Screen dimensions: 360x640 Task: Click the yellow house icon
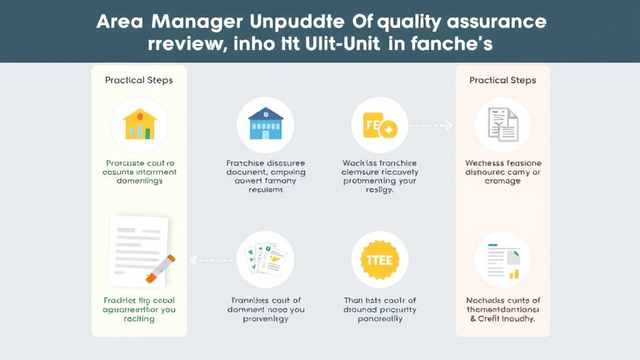139,124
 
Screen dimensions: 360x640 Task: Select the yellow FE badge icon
379,124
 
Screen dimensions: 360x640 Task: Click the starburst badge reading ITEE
379,259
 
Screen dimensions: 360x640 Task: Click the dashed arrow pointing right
431,126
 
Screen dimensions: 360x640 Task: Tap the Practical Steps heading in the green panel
139,80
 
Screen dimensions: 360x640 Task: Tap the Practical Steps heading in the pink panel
502,80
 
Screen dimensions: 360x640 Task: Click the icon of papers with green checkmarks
265,259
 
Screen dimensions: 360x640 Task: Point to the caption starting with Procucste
139,172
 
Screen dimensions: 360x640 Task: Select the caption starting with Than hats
379,309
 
